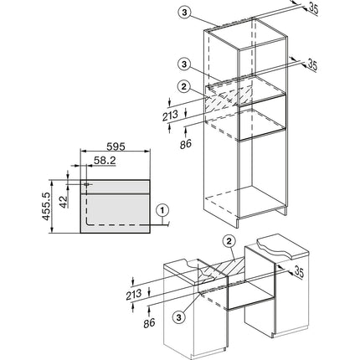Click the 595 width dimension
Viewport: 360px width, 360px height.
pos(116,147)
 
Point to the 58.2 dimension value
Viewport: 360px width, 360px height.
pos(105,160)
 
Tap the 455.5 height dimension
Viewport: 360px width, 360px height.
pos(46,206)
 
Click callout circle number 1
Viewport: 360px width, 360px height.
pos(163,210)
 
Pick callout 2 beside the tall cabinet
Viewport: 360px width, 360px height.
pos(183,87)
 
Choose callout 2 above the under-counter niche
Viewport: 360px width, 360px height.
pos(229,241)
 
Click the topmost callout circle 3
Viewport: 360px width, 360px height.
pos(184,13)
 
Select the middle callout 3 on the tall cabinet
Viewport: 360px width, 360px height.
pos(183,64)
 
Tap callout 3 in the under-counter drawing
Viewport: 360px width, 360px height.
pos(179,316)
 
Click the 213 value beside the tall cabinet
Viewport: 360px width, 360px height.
pos(171,116)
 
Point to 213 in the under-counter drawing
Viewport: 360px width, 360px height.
pos(134,294)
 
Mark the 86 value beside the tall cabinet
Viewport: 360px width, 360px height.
pos(186,144)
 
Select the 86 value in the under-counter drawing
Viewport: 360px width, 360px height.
pos(149,323)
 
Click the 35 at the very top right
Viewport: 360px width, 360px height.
pos(313,8)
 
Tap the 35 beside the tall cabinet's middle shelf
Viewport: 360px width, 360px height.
pos(312,65)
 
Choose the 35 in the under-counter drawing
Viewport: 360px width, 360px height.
pos(298,272)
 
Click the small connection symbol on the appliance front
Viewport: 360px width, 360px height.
pos(87,184)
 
